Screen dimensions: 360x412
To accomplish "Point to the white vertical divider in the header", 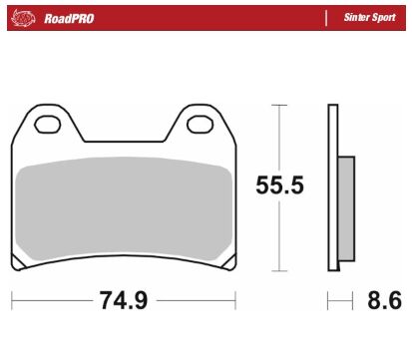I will (326, 18).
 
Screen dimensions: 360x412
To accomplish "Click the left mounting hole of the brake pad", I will (46, 126).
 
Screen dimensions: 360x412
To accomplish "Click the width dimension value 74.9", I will (123, 299).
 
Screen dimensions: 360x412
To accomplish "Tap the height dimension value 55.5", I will (278, 185).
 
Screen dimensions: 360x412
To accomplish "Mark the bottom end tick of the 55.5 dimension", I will (278, 268).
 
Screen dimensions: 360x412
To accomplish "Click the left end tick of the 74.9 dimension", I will (12, 299).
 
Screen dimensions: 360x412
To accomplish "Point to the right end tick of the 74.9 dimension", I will (235, 299).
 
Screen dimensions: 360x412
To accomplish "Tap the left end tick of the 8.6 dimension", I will (328, 299).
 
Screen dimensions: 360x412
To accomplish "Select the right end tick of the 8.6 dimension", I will (353, 299).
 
